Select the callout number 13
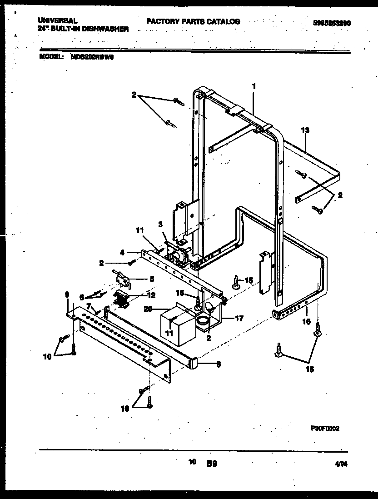(305, 130)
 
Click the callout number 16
(307, 321)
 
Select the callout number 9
(67, 295)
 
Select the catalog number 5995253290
(332, 23)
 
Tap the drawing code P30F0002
(325, 428)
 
